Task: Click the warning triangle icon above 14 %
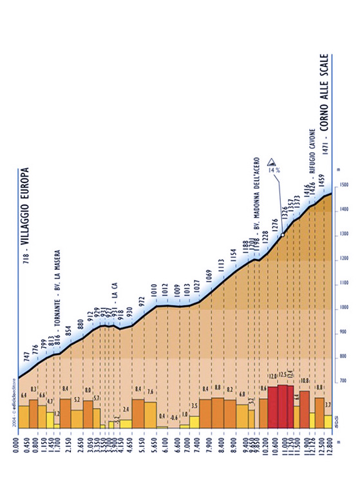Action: point(270,158)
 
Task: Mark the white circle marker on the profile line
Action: point(282,236)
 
